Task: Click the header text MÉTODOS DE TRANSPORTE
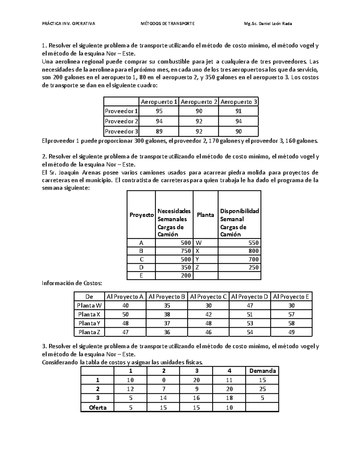(167, 24)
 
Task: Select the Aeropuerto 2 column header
(199, 102)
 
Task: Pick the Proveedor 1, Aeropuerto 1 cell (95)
(159, 111)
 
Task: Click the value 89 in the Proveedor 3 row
(159, 131)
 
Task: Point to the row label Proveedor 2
(121, 122)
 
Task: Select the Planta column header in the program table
(205, 215)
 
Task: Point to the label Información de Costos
(72, 283)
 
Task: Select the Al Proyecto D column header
(250, 297)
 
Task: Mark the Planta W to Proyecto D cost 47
(250, 305)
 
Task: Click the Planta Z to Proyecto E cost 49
(291, 332)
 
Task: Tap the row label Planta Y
(89, 323)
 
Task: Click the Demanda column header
(262, 371)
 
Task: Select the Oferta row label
(97, 407)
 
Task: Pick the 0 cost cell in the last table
(163, 380)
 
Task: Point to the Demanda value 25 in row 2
(262, 389)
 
